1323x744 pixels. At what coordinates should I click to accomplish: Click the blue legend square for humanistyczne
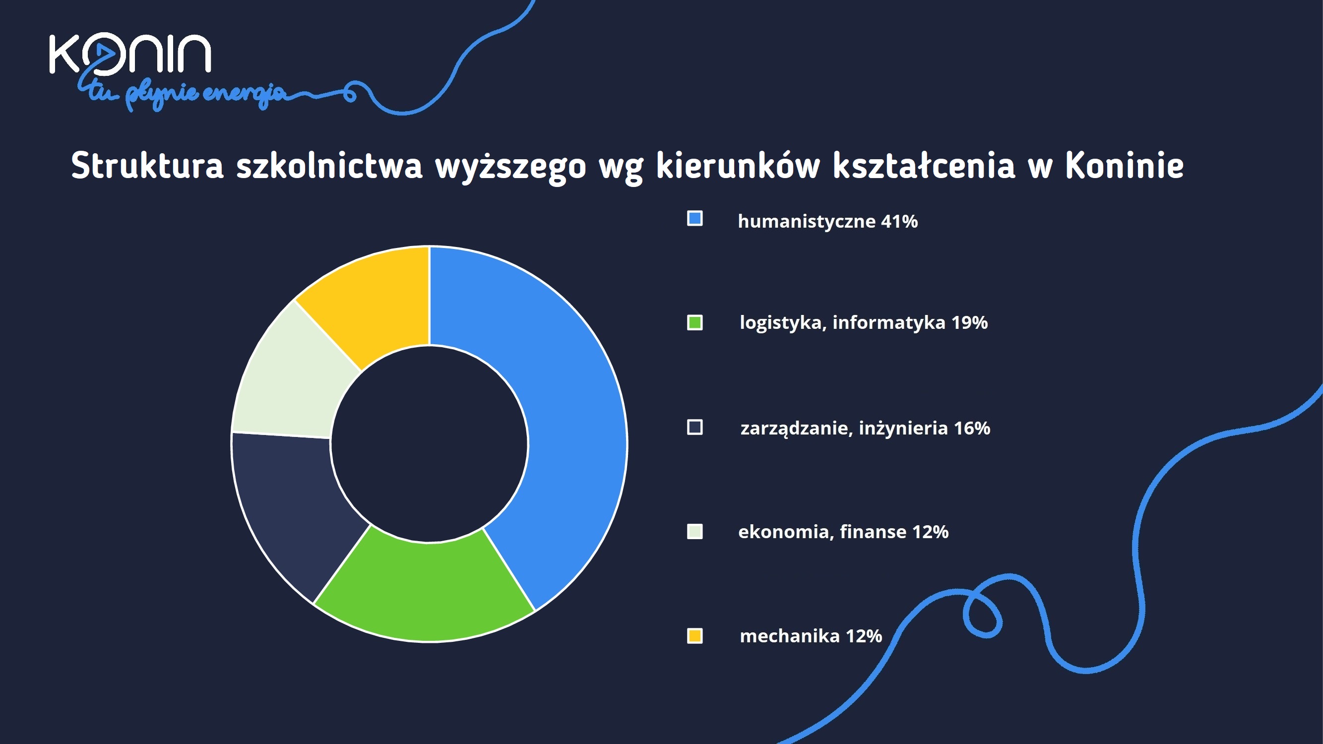[695, 218]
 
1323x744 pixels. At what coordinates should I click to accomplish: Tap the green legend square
[695, 322]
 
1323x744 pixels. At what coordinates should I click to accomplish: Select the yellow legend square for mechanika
[695, 636]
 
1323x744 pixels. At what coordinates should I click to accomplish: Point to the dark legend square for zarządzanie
[695, 427]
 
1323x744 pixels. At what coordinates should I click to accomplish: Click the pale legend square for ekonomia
[695, 531]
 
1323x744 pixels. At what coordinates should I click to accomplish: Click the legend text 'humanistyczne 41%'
[828, 221]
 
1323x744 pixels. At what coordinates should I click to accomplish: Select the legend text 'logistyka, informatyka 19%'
[864, 323]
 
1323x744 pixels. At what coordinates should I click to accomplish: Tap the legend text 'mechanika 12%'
[811, 636]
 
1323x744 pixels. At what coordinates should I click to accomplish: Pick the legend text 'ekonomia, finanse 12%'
[843, 532]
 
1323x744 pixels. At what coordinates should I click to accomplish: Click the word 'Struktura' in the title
[147, 165]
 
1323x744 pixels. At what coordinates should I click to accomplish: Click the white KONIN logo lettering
[130, 54]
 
